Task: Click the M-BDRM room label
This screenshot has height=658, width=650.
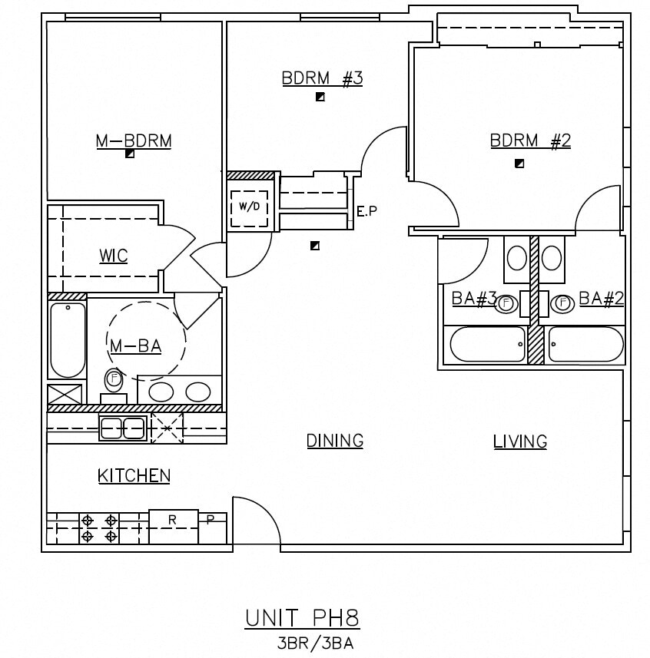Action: [x=133, y=141]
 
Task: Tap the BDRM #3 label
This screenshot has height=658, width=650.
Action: [x=321, y=78]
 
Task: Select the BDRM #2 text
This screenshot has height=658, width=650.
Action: [x=530, y=141]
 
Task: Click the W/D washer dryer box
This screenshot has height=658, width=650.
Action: [x=250, y=207]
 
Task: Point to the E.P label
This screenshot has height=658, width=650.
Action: [x=367, y=211]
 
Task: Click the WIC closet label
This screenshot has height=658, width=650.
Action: [x=113, y=256]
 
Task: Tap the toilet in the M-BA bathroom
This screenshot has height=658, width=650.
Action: [x=114, y=381]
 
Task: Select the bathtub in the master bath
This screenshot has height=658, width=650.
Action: [x=68, y=340]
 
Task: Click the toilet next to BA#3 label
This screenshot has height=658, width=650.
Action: [x=506, y=303]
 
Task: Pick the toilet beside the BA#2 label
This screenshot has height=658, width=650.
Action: [x=562, y=303]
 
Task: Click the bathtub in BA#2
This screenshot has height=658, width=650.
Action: [x=585, y=345]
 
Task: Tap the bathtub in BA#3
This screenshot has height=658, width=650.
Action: [x=488, y=345]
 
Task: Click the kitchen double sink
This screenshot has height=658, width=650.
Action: [x=123, y=428]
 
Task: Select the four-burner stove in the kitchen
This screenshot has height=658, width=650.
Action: [x=99, y=528]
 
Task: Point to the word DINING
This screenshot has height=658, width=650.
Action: [x=335, y=441]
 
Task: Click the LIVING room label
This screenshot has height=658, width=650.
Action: [x=520, y=441]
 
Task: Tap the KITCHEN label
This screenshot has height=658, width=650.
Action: [x=134, y=476]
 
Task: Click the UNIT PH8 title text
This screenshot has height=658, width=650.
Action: [x=302, y=618]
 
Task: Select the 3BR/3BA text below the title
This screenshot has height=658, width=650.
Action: [x=314, y=643]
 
